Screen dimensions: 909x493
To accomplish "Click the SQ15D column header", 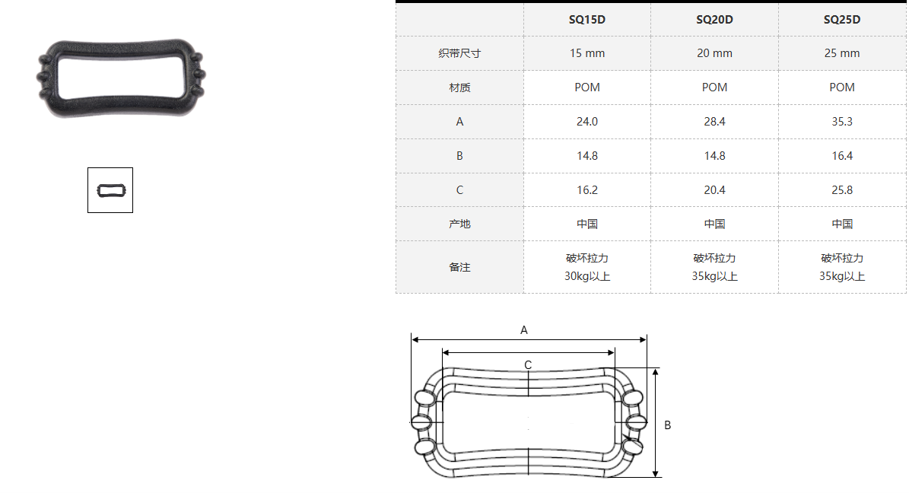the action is (586, 20).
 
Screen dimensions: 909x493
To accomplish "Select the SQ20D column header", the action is (714, 20).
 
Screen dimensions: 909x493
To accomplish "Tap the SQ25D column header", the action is (842, 20).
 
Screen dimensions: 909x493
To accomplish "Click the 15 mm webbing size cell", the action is (586, 53).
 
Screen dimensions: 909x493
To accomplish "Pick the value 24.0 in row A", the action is (586, 122).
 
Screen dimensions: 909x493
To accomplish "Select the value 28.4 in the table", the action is (714, 122).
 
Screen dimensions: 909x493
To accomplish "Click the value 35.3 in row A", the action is (842, 122).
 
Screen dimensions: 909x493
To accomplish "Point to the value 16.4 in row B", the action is (842, 156).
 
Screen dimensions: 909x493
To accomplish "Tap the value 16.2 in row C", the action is (586, 190).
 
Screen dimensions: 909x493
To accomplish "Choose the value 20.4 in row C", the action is (714, 190).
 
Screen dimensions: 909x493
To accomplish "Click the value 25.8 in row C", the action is (842, 190).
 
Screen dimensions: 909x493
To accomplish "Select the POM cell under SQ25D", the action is (842, 87).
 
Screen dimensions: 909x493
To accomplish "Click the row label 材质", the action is (459, 87).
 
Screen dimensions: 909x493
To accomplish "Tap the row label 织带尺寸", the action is (459, 53).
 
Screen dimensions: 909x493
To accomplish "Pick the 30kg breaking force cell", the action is (586, 267).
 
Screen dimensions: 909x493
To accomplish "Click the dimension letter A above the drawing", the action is (524, 330).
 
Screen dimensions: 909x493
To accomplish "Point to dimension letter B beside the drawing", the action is (667, 425).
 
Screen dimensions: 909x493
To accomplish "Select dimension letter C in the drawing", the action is (528, 365).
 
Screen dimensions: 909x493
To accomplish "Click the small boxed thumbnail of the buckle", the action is (110, 190).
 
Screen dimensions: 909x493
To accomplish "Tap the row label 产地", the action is (459, 224).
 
